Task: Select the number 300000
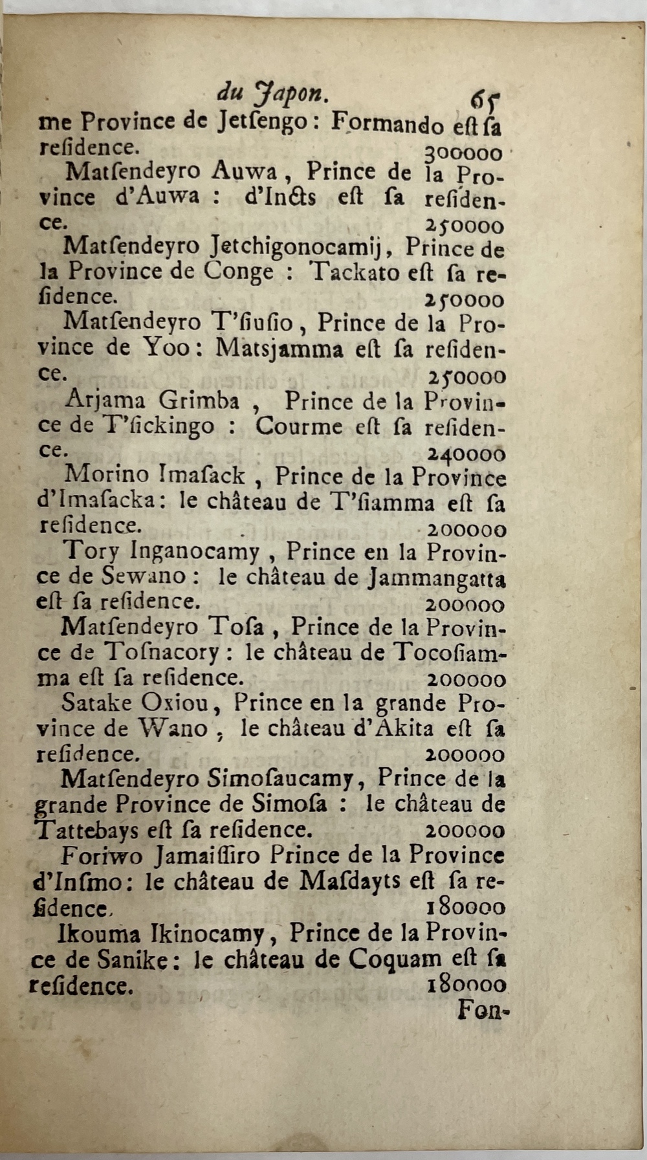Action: [463, 153]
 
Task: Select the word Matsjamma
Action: [279, 349]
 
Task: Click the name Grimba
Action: [199, 402]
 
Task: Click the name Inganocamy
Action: [195, 553]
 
